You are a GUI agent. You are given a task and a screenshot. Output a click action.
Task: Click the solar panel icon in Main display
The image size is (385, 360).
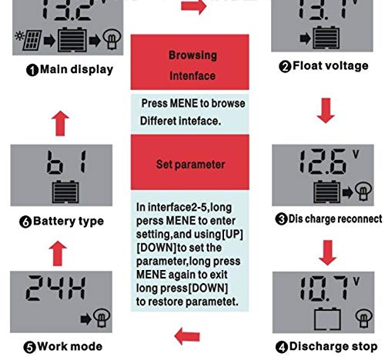(28, 40)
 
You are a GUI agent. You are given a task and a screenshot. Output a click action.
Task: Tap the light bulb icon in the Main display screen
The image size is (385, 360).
(112, 39)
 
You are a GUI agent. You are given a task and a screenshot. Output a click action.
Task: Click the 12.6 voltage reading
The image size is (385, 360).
(324, 162)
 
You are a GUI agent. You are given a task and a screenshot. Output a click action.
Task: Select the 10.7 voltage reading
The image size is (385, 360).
(325, 288)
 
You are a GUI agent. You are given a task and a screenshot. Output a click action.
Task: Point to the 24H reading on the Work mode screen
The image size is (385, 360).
(55, 288)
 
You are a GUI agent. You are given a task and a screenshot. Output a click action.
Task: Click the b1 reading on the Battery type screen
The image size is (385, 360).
(66, 162)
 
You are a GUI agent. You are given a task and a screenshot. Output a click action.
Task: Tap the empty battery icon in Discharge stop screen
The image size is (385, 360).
(327, 319)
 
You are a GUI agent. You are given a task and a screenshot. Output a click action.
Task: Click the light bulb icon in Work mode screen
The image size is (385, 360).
(102, 318)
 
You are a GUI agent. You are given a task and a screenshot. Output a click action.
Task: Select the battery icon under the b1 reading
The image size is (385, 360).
(65, 192)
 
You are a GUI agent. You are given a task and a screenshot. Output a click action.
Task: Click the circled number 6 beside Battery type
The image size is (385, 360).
(25, 222)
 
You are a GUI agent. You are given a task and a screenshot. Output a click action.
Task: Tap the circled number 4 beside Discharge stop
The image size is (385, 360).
(282, 347)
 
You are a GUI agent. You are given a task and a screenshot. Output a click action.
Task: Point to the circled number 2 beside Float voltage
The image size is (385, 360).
(285, 67)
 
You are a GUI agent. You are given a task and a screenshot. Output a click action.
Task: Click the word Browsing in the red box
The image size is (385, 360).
(192, 55)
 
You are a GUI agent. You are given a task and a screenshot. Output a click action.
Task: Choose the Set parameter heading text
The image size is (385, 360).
(190, 165)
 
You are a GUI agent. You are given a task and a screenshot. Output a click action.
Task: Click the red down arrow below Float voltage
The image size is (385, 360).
(326, 111)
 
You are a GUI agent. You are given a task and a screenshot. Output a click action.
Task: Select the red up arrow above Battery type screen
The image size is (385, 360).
(60, 123)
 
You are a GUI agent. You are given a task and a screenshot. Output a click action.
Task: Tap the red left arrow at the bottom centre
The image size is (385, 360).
(187, 336)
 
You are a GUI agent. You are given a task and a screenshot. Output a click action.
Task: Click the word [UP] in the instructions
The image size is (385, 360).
(233, 234)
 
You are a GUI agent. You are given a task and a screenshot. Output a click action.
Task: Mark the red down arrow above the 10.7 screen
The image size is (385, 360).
(328, 252)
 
